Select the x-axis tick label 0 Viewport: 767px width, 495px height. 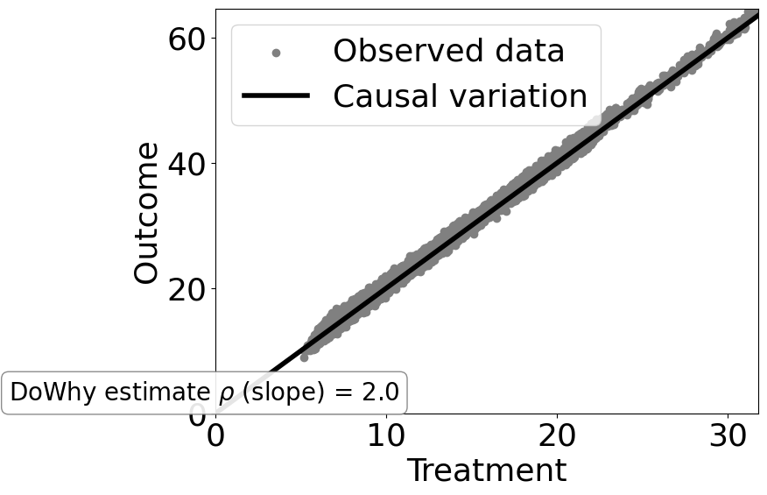pos(215,435)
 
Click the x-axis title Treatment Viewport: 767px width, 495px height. pos(486,470)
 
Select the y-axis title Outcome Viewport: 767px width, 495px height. pos(147,213)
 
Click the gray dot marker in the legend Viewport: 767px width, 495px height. pos(276,53)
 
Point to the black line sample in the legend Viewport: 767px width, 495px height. pos(276,95)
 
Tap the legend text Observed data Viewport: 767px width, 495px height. pos(448,52)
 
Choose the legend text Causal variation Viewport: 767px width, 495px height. pos(460,95)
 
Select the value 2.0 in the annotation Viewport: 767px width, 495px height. pos(381,393)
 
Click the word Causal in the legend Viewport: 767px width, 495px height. pos(380,95)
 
